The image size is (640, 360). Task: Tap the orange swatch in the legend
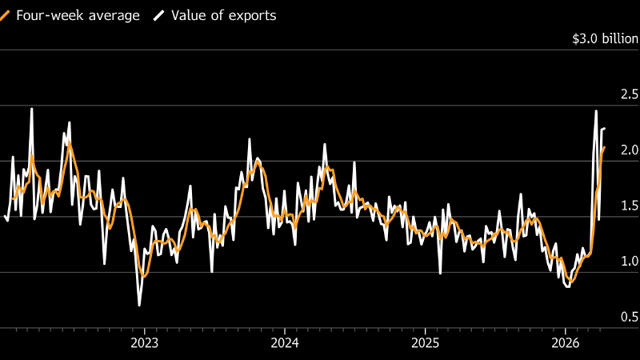pyautogui.click(x=4, y=16)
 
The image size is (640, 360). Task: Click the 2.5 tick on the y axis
pyautogui.click(x=619, y=94)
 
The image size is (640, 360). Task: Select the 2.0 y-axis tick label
pyautogui.click(x=619, y=150)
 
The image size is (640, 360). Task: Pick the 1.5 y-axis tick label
pyautogui.click(x=619, y=206)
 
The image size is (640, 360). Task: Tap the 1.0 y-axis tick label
pyautogui.click(x=619, y=262)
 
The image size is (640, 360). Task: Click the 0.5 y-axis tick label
pyautogui.click(x=619, y=318)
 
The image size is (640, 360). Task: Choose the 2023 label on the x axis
pyautogui.click(x=144, y=343)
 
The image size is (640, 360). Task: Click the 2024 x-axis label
pyautogui.click(x=285, y=343)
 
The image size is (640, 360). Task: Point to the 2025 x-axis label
pyautogui.click(x=425, y=343)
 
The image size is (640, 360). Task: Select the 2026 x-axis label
pyautogui.click(x=565, y=343)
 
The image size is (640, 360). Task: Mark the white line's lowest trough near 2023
pyautogui.click(x=139, y=305)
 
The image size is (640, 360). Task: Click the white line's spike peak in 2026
pyautogui.click(x=596, y=110)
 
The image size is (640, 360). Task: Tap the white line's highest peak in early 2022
pyautogui.click(x=31, y=109)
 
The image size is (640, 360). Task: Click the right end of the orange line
pyautogui.click(x=604, y=147)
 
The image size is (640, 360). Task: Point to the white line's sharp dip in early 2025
pyautogui.click(x=440, y=273)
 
